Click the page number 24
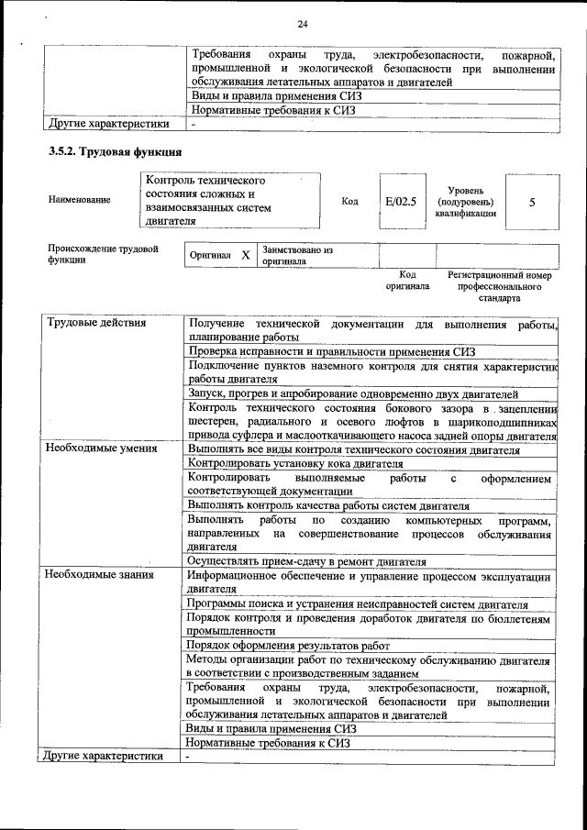pos(303,23)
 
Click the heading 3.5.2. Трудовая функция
pos(115,151)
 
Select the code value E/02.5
pos(401,201)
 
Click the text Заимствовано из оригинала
pos(297,255)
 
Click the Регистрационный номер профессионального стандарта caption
pos(500,286)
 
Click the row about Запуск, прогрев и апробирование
pos(353,393)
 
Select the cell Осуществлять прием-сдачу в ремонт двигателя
pos(306,560)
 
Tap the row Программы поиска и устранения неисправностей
pos(357,604)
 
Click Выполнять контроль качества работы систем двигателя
pos(327,505)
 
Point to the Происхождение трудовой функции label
pos(102,254)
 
